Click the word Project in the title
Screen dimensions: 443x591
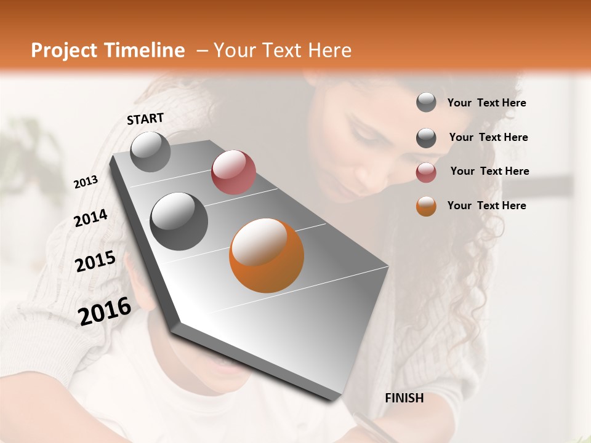(64, 51)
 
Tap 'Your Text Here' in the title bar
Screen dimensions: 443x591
(282, 50)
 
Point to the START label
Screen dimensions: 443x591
(145, 119)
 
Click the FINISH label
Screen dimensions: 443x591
(404, 398)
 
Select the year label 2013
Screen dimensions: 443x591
(86, 182)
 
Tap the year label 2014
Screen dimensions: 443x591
(90, 218)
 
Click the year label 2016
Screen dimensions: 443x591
(105, 311)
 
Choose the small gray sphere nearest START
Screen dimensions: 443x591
(150, 151)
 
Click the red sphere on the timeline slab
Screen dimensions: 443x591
(233, 172)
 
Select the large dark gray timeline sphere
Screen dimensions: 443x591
(179, 221)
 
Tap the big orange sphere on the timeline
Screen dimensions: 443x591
(267, 255)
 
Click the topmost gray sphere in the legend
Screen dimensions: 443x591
(426, 103)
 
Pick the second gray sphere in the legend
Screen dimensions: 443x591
(426, 138)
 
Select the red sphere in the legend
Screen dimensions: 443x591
(426, 172)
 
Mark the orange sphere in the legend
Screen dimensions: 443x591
(426, 206)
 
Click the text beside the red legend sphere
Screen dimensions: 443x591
(489, 171)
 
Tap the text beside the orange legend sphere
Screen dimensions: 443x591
(486, 206)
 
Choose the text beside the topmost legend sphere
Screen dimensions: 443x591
(486, 103)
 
